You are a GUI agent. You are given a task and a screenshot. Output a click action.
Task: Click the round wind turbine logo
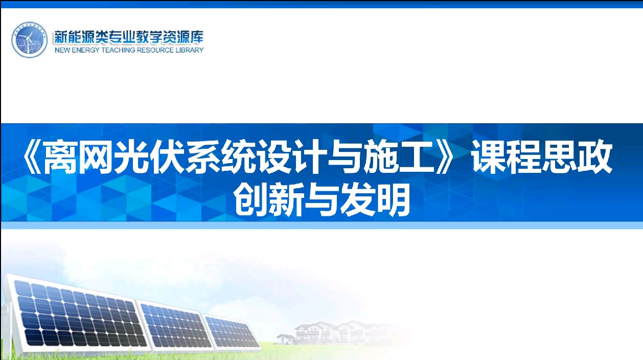point(29,39)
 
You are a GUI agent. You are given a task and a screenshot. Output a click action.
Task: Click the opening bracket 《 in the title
point(32,157)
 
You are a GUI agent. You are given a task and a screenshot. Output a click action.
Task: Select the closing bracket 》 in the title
point(444,157)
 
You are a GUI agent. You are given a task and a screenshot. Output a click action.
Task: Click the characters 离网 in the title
point(77,157)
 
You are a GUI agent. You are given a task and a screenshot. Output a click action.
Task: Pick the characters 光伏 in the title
point(148,157)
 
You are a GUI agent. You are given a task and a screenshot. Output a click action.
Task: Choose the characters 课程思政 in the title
point(542,157)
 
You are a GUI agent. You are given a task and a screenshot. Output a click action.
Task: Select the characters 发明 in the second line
point(375,199)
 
